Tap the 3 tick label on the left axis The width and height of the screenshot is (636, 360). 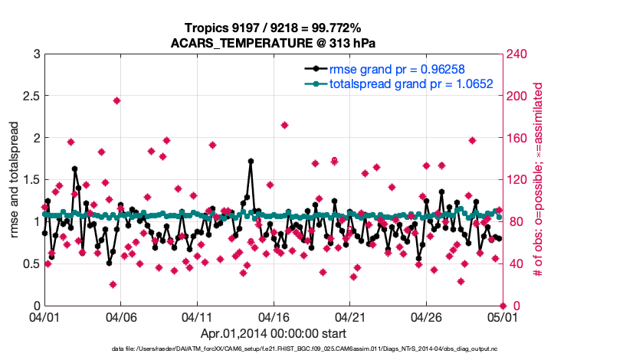37,54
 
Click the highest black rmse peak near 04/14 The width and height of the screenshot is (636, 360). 251,162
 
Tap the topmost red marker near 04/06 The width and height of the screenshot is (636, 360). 116,100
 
